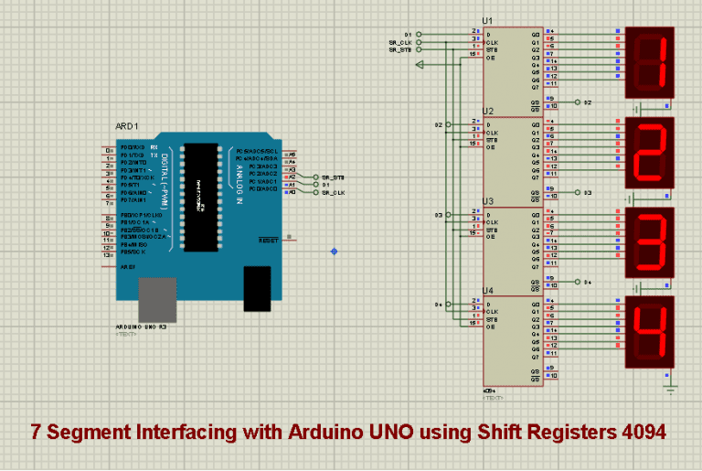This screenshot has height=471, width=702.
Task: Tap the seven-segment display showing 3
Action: pyautogui.click(x=650, y=241)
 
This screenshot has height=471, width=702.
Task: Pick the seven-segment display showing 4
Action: pyautogui.click(x=650, y=329)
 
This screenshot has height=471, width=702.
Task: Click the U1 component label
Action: pyautogui.click(x=488, y=21)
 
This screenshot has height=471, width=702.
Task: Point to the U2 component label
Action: pyautogui.click(x=488, y=111)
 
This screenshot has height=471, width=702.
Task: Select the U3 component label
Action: pyautogui.click(x=488, y=200)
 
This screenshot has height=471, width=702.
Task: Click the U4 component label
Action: pyautogui.click(x=488, y=290)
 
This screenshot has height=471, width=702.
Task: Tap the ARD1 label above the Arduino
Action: pyautogui.click(x=126, y=126)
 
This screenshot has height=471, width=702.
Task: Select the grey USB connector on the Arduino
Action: pyautogui.click(x=157, y=301)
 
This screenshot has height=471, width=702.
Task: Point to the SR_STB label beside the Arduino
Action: pyautogui.click(x=333, y=177)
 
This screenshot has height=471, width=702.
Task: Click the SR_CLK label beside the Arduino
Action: pyautogui.click(x=333, y=193)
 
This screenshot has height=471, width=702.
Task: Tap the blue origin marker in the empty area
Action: pyautogui.click(x=334, y=251)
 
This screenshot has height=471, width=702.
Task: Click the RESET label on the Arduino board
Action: pyautogui.click(x=269, y=241)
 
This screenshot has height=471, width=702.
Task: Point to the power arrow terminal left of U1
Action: pyautogui.click(x=420, y=65)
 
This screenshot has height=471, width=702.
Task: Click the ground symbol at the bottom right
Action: pyautogui.click(x=670, y=391)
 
